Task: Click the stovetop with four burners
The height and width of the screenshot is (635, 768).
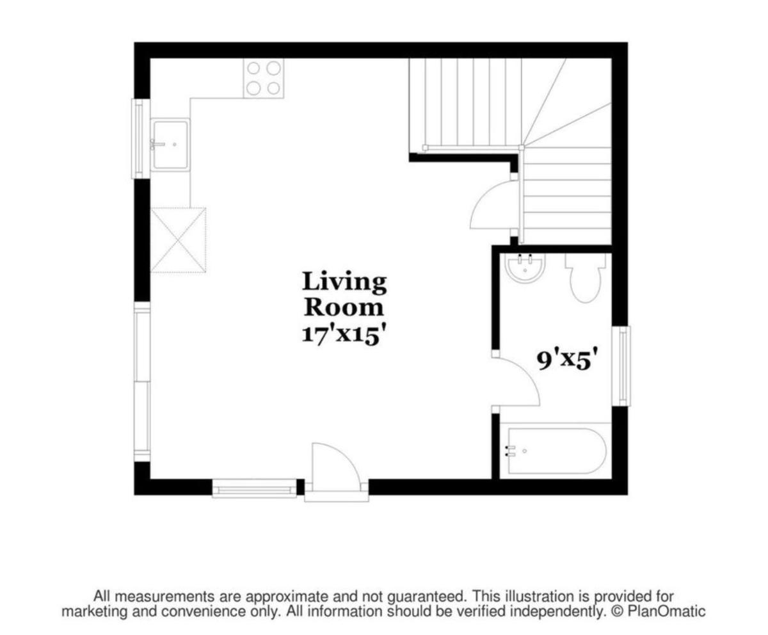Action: (263, 78)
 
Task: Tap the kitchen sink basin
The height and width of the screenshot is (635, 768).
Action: (170, 144)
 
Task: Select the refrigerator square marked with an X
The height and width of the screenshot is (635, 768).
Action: (178, 240)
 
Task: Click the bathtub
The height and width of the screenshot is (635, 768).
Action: (556, 451)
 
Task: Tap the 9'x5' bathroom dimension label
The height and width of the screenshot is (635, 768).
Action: (566, 360)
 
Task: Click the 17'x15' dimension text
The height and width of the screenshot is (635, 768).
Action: (345, 335)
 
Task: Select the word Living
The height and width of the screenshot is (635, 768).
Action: (344, 283)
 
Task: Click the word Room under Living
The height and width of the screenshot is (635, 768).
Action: (344, 307)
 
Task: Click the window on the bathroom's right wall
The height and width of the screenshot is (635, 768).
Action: (622, 366)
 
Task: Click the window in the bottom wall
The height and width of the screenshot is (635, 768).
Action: (255, 488)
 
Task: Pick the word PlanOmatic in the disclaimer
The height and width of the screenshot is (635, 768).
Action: (666, 611)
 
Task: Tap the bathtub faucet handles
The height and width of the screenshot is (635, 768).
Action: (511, 451)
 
